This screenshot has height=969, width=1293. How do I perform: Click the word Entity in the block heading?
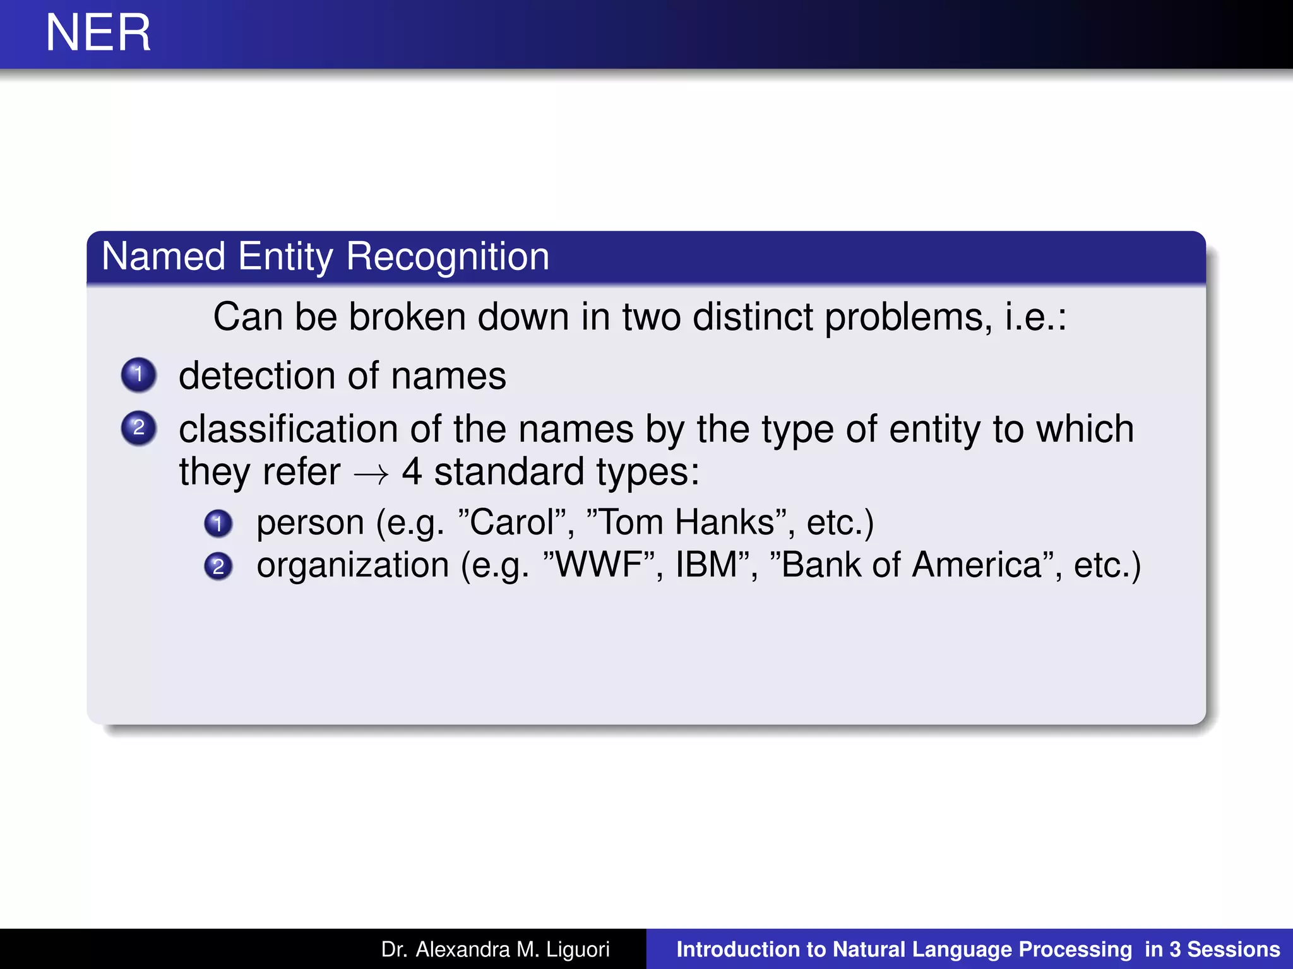285,257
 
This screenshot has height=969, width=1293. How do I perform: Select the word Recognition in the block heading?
448,257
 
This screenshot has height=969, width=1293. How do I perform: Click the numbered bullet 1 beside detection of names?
139,375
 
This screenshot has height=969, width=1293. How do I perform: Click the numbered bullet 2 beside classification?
139,428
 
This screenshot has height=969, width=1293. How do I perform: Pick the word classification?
289,430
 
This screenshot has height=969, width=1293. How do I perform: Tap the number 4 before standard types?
412,472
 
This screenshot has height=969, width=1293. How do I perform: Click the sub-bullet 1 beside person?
218,524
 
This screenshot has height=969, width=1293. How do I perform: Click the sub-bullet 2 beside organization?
218,566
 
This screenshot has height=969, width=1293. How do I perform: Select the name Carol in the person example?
512,523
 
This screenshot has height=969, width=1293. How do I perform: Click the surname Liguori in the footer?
578,949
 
